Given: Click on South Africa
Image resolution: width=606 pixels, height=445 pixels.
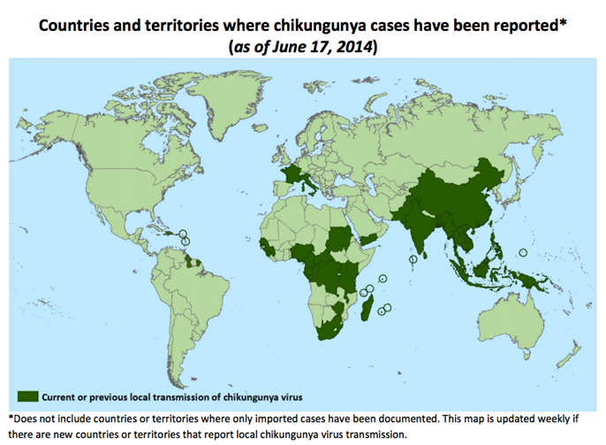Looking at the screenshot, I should coord(330,329).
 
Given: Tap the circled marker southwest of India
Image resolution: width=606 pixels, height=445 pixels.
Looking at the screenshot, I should coord(413,258).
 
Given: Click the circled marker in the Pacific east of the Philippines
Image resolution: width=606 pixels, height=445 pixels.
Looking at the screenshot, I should coord(523,252).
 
